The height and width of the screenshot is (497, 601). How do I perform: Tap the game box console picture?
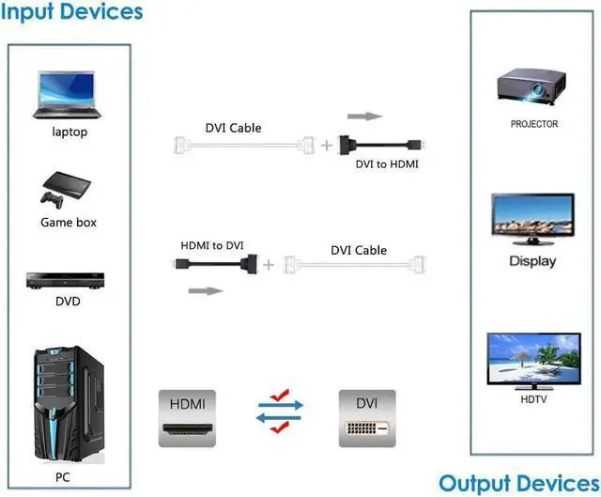pos(68,187)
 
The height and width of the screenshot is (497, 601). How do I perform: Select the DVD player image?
pos(68,280)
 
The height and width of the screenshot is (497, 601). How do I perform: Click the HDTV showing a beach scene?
pos(532,359)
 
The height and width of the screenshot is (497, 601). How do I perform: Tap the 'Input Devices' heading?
pos(72,12)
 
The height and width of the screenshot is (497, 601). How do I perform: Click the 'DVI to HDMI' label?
pos(386,164)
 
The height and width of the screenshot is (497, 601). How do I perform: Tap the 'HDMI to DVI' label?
pos(212,245)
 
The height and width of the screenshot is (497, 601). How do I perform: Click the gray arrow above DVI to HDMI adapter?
pos(365,117)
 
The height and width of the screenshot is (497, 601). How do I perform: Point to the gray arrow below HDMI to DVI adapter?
pos(207,290)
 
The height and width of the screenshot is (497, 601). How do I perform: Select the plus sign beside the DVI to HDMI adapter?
pos(327,146)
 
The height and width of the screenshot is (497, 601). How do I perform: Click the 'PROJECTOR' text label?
pos(534,124)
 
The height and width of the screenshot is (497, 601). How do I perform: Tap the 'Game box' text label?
pos(69,223)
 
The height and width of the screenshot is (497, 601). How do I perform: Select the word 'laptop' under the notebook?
pos(69,132)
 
